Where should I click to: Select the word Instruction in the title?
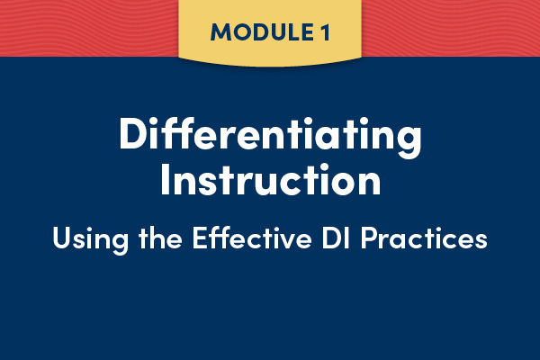click(x=271, y=179)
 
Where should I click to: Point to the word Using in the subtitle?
click(x=91, y=239)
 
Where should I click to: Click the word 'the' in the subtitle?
click(x=160, y=237)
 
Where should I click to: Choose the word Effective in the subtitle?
click(x=252, y=237)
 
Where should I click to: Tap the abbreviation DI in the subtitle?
click(x=336, y=238)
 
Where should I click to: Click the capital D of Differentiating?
click(x=131, y=133)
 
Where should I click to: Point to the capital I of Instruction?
click(x=165, y=179)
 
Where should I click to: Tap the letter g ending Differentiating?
click(x=409, y=142)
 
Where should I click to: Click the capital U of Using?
click(x=61, y=238)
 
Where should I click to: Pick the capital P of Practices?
click(x=368, y=238)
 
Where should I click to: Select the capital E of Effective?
click(x=199, y=238)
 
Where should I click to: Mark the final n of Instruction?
click(x=369, y=184)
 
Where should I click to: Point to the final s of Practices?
click(x=481, y=240)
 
